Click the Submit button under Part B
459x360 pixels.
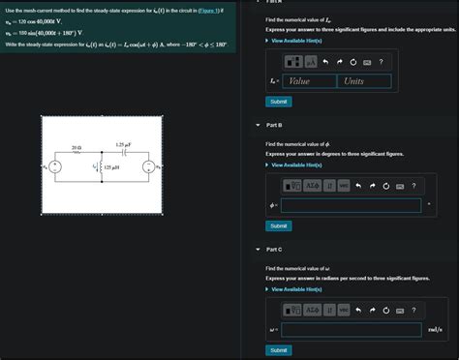pos(278,225)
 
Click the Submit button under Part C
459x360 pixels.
pos(278,349)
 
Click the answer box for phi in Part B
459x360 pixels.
pos(352,205)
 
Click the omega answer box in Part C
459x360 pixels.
pos(352,329)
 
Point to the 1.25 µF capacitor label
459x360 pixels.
pos(123,143)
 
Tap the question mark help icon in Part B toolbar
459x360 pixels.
pos(413,186)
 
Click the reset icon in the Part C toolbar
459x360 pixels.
pos(386,310)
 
